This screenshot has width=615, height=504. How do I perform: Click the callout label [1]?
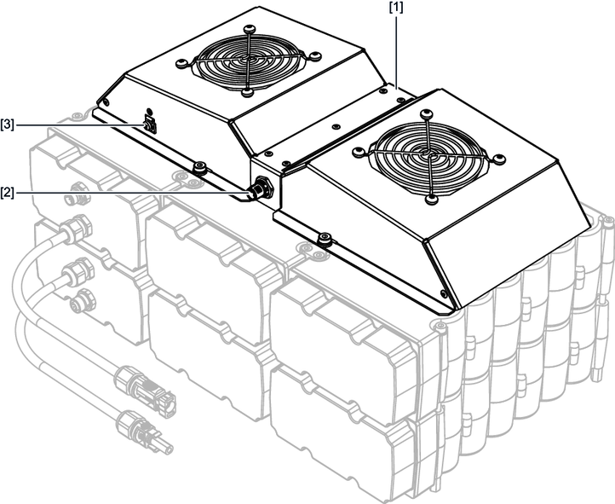coord(396,9)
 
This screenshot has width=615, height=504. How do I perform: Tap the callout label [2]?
coord(7,193)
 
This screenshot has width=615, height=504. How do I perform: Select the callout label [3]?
coord(7,125)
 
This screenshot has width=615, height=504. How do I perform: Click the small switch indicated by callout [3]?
coord(149,124)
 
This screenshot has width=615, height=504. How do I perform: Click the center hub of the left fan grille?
coord(248,59)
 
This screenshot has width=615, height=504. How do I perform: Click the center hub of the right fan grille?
coord(427,153)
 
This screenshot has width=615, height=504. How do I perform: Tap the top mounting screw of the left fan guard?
coord(249,29)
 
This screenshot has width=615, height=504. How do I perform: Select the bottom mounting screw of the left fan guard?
coord(247,92)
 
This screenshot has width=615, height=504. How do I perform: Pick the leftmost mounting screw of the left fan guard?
coord(181,64)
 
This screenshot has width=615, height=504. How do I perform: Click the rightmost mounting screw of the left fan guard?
coord(315,55)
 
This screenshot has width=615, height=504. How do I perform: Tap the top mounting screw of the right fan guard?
coord(427,114)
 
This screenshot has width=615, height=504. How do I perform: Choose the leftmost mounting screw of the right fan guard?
coord(358,151)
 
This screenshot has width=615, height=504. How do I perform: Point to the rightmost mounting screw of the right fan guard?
coord(499,159)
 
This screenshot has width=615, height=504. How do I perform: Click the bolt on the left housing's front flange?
coord(200,167)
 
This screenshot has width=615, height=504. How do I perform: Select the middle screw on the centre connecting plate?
coord(336,127)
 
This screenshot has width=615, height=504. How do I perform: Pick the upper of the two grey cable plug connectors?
coord(144,389)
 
